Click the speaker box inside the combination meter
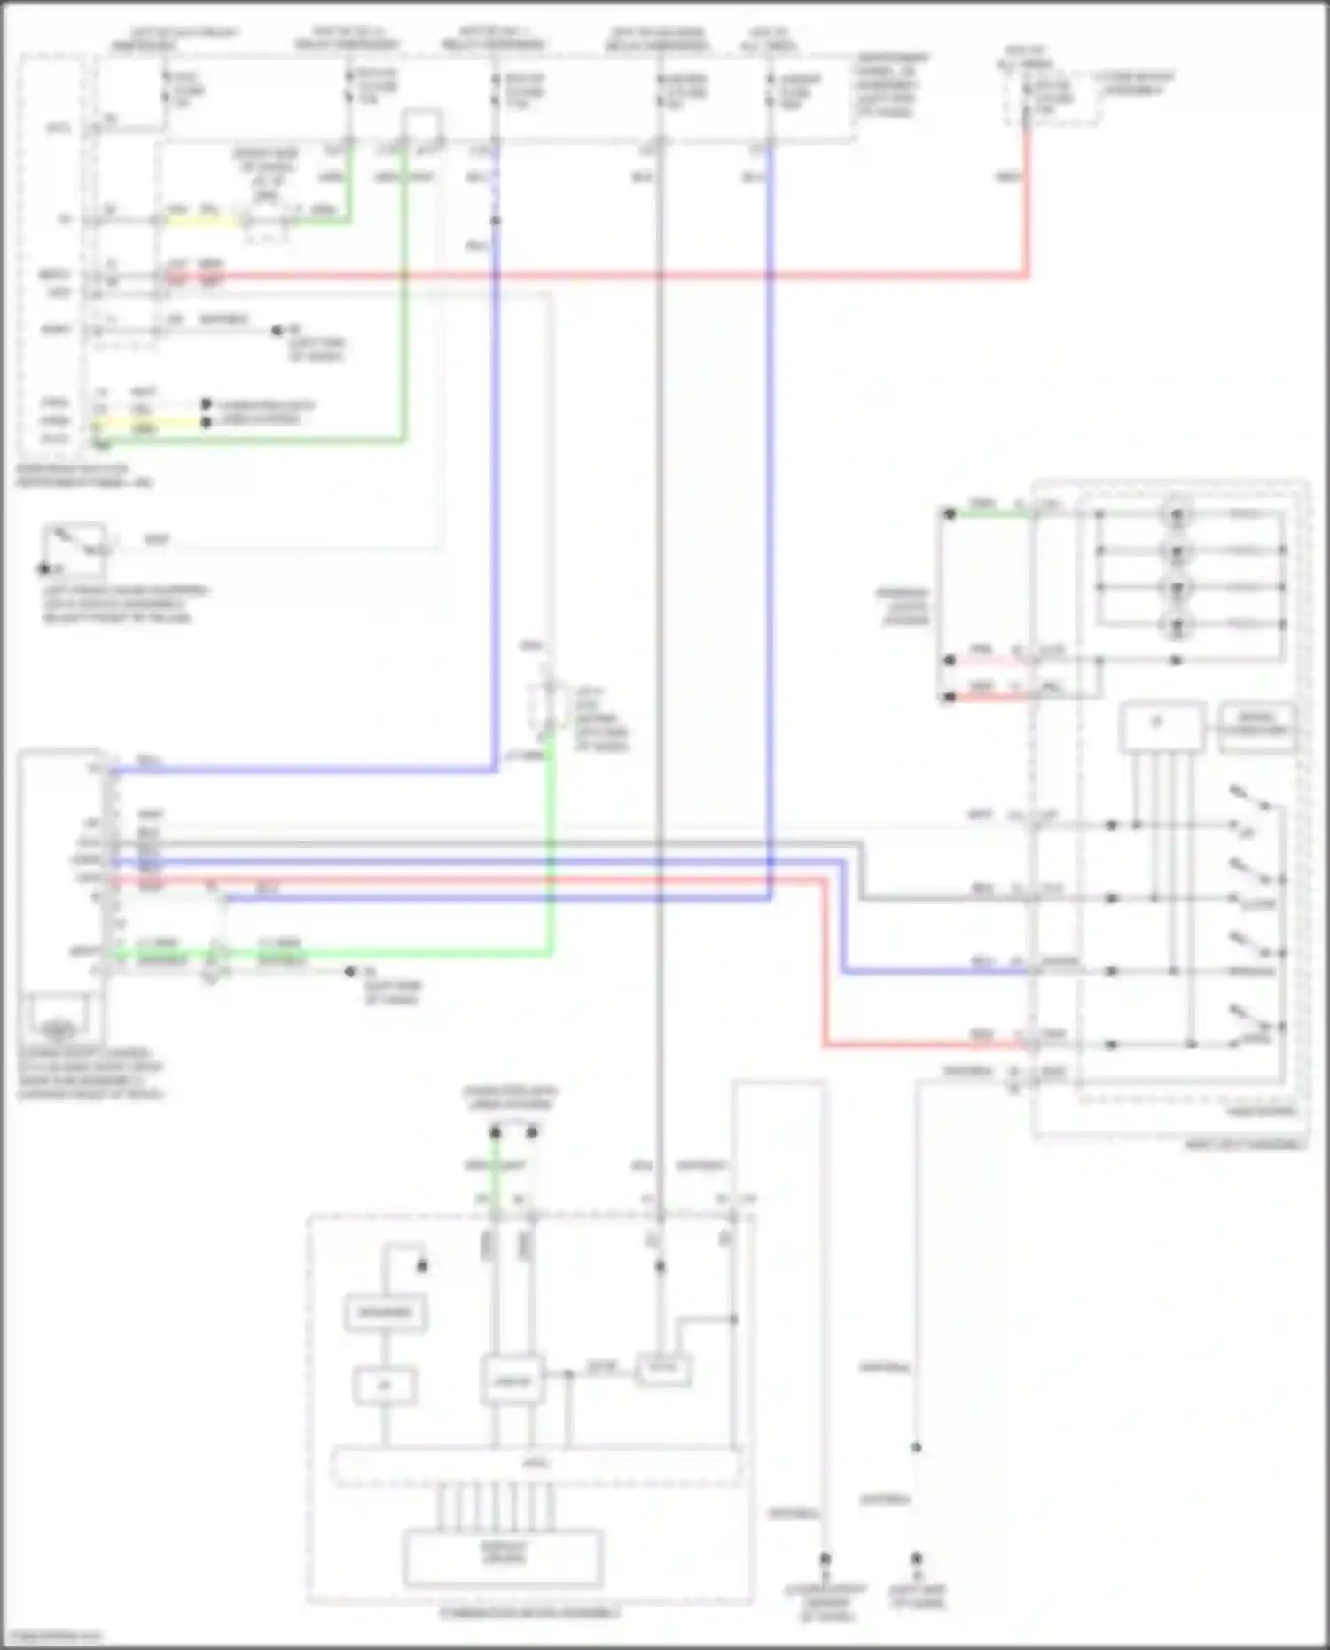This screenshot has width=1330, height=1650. pyautogui.click(x=386, y=1312)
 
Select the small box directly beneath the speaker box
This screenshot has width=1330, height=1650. pyautogui.click(x=385, y=1385)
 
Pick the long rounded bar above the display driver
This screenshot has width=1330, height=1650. pyautogui.click(x=536, y=1465)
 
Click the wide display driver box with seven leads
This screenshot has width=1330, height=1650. pyautogui.click(x=503, y=1557)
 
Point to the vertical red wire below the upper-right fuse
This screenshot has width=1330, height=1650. pyautogui.click(x=1027, y=204)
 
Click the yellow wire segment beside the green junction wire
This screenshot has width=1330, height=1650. pyautogui.click(x=204, y=220)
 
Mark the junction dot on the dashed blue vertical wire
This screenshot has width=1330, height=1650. pyautogui.click(x=495, y=220)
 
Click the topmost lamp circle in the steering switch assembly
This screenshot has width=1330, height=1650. pyautogui.click(x=1177, y=514)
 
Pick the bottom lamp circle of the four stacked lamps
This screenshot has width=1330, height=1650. pyautogui.click(x=1177, y=625)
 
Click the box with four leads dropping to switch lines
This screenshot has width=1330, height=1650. pyautogui.click(x=1162, y=728)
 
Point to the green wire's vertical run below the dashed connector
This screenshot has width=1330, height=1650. pyautogui.click(x=551, y=842)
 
